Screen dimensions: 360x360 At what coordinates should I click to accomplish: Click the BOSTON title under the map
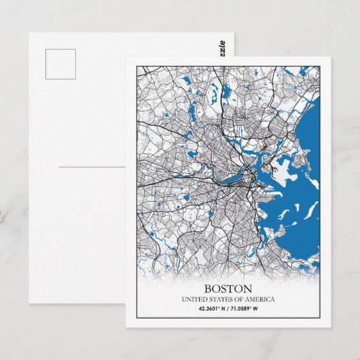click(x=228, y=289)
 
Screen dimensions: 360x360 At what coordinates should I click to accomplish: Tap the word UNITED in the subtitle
click(x=193, y=300)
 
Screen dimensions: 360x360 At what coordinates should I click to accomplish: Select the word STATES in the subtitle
click(x=219, y=300)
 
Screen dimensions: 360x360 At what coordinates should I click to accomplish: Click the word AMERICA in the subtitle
click(x=259, y=300)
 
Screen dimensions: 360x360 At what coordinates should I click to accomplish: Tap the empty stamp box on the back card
click(x=60, y=64)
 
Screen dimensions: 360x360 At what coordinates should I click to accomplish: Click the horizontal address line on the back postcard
click(x=92, y=166)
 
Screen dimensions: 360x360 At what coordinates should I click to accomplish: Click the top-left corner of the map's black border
click(x=136, y=66)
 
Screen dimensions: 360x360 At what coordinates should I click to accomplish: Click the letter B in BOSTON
click(x=206, y=289)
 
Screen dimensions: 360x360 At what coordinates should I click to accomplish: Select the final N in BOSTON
click(x=248, y=289)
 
